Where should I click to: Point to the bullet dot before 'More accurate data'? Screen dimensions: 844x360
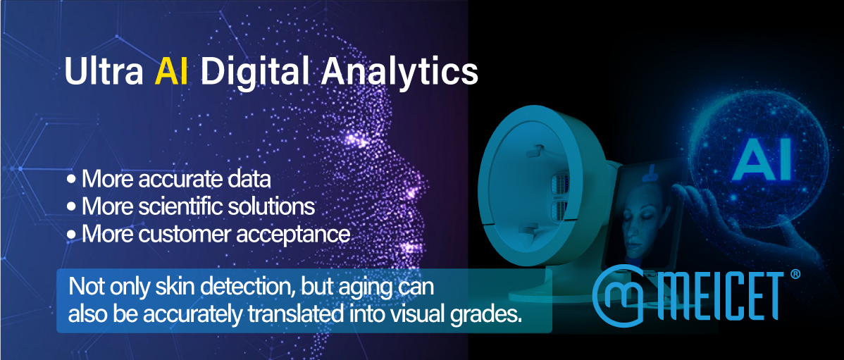click(71, 180)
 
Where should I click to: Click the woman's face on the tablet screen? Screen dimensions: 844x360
click(640, 216)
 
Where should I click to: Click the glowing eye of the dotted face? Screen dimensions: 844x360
click(355, 139)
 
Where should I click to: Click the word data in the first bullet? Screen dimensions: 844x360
click(250, 179)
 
